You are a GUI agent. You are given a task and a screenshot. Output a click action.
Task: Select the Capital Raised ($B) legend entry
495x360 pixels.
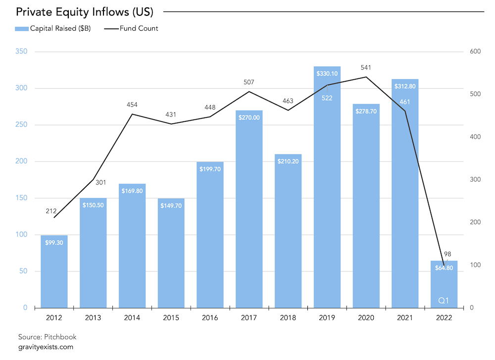(53, 28)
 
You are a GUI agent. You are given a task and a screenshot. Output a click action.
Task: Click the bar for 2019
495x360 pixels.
(327, 198)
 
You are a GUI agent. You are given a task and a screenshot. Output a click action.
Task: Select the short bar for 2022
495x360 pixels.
(444, 287)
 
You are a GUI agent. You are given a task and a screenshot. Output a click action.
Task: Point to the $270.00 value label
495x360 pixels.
(249, 118)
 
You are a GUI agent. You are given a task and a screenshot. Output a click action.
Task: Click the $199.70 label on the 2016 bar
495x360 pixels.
(210, 169)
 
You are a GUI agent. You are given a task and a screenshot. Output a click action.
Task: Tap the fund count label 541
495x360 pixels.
(366, 67)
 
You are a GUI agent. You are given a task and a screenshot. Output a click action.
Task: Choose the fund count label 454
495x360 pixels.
(132, 104)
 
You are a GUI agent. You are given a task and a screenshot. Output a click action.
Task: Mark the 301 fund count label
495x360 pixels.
(93, 182)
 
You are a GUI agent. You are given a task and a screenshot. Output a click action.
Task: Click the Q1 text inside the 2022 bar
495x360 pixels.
(444, 300)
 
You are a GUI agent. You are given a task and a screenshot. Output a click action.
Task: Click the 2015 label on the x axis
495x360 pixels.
(171, 317)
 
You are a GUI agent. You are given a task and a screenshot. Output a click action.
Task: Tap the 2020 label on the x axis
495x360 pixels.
(366, 317)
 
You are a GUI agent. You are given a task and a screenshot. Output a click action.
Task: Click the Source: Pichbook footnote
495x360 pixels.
(47, 337)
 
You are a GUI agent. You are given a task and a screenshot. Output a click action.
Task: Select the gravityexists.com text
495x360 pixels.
(46, 347)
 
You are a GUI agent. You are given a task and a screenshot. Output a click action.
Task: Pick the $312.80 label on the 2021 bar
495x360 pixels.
(405, 86)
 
